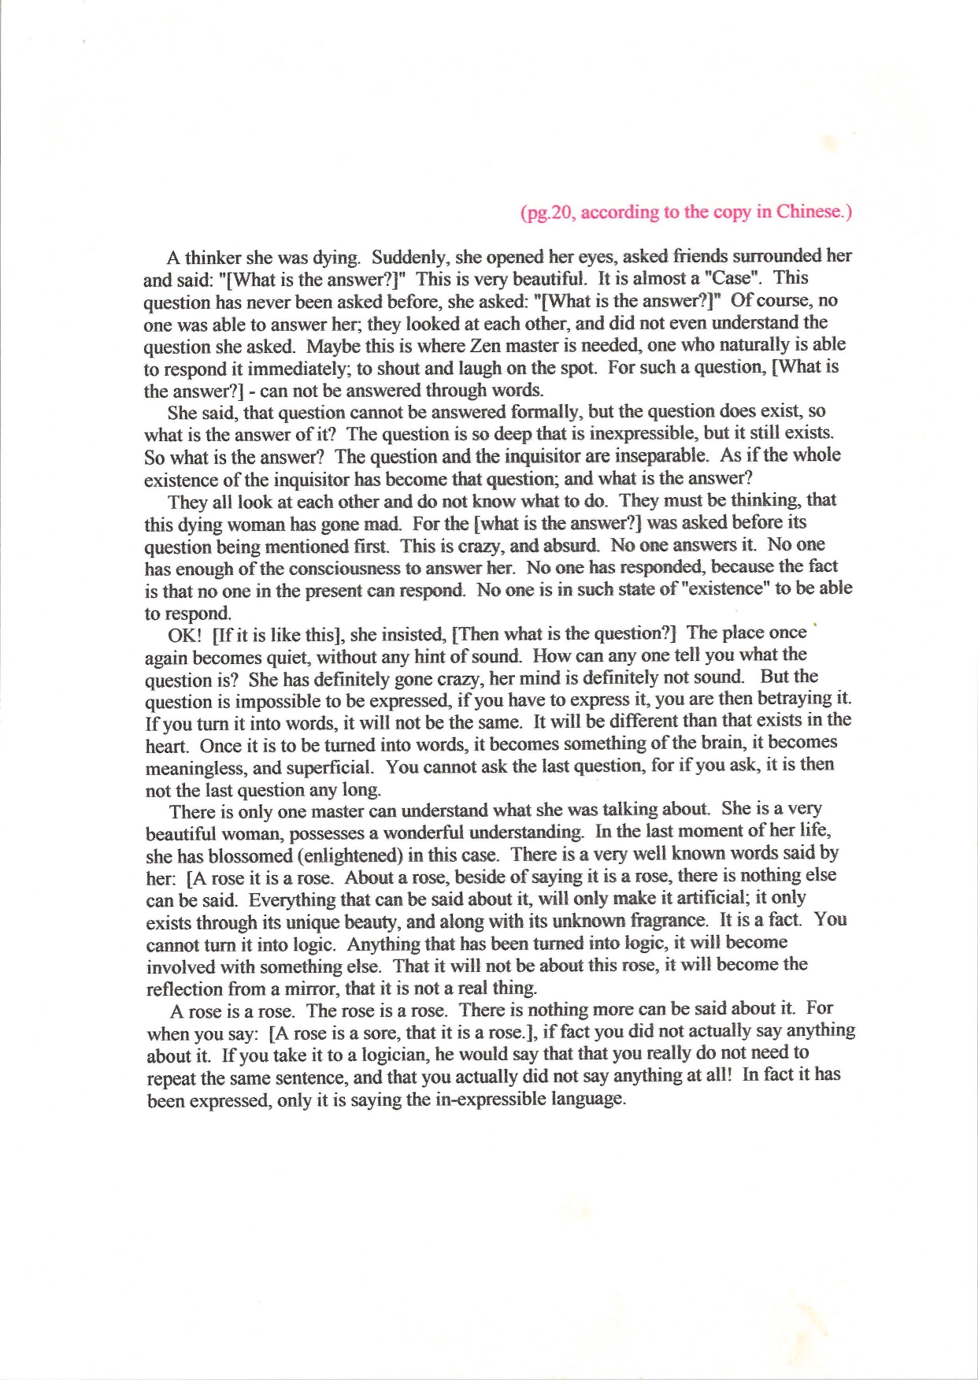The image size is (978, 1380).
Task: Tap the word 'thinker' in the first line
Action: [213, 258]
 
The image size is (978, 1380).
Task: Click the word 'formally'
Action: [546, 412]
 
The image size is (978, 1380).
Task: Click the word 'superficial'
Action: [330, 766]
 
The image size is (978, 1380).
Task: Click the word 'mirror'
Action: [295, 989]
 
